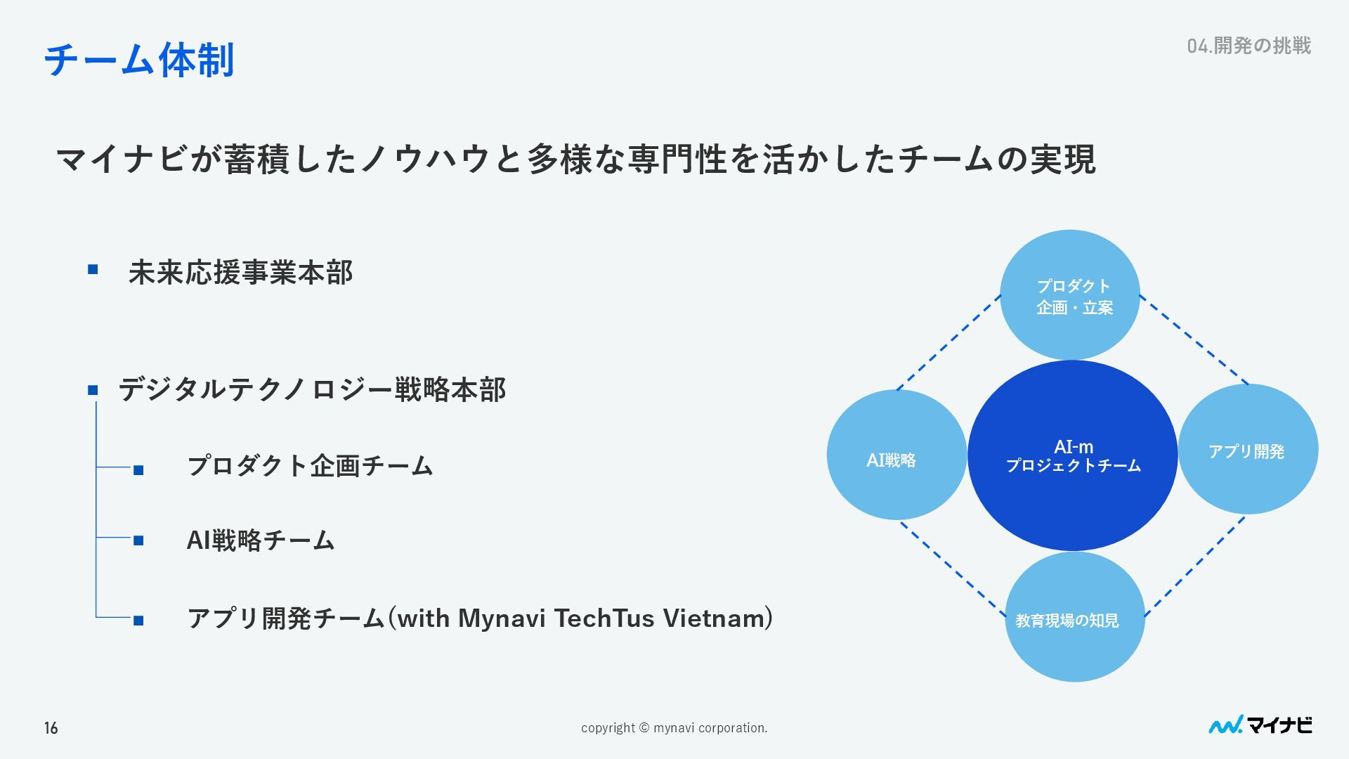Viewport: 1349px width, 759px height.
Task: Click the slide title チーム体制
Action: point(138,60)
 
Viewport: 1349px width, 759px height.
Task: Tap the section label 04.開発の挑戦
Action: point(1249,46)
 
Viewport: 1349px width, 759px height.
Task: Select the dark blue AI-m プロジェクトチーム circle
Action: point(1072,455)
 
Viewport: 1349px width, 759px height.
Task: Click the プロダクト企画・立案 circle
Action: point(1069,295)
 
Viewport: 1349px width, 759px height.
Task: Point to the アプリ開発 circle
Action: point(1248,450)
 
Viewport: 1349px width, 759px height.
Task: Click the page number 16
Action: point(51,728)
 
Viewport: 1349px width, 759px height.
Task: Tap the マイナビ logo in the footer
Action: point(1260,725)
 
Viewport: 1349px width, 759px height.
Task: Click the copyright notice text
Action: point(674,728)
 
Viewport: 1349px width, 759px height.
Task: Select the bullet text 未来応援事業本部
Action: point(240,273)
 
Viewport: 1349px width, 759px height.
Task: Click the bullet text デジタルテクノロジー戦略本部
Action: point(312,390)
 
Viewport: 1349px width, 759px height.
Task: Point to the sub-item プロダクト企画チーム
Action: point(310,466)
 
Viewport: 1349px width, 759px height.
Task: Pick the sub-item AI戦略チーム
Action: point(261,540)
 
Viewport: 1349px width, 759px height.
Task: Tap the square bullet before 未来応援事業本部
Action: point(93,270)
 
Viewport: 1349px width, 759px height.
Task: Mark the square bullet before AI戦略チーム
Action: point(138,540)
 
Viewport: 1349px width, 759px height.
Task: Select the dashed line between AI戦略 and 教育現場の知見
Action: point(952,569)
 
